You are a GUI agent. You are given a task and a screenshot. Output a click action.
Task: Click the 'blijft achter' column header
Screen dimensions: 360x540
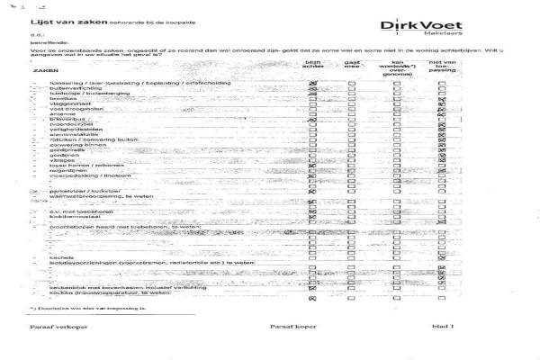click(312, 65)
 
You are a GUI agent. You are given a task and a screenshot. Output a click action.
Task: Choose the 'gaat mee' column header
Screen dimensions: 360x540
click(353, 65)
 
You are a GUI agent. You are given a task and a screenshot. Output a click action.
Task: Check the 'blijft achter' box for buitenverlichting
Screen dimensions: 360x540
click(313, 91)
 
